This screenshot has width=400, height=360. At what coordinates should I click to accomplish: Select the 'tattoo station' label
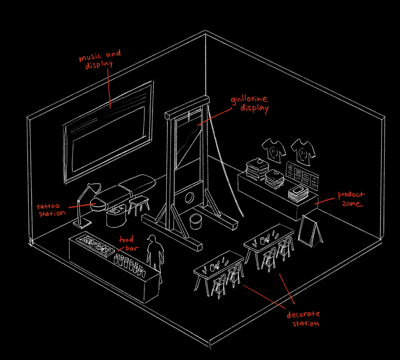51,209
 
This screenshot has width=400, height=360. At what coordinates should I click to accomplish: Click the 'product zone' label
351,199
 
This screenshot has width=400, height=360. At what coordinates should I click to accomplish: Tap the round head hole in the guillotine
189,197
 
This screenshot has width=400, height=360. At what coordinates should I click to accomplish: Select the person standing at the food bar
155,254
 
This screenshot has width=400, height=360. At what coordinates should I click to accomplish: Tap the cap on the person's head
151,238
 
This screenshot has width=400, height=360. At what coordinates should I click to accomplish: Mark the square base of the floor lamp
81,224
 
